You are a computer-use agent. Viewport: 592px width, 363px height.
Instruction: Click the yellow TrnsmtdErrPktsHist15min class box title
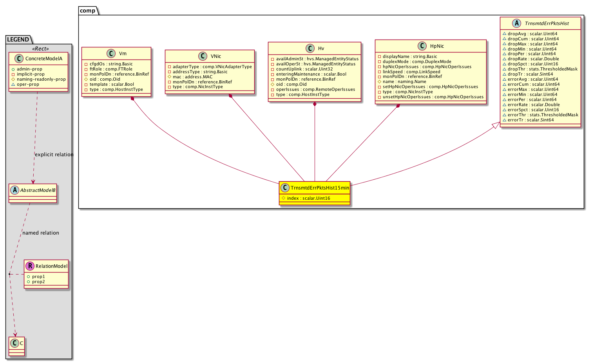320,188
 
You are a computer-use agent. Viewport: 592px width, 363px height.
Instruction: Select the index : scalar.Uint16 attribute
308,198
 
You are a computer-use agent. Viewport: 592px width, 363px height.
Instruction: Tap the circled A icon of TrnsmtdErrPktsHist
516,23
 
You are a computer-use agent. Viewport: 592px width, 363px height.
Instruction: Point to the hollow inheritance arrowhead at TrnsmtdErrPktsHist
496,125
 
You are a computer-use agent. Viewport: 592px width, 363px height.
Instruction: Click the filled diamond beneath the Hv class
315,104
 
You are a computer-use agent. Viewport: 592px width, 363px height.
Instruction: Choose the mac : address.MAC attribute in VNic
192,77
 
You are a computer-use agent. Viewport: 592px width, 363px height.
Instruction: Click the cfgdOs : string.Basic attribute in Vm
111,64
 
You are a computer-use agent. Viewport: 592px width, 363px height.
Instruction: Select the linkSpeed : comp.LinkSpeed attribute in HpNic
411,72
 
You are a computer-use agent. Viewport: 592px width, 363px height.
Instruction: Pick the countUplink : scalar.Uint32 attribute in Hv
304,69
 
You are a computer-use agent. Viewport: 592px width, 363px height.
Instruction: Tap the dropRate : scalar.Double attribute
533,59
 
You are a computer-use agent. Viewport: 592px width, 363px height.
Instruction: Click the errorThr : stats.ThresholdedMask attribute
543,115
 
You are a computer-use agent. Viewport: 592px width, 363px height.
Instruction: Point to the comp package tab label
87,11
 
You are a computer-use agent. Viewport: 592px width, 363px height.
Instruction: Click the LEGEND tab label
18,40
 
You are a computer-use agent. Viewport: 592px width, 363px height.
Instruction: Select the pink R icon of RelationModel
30,266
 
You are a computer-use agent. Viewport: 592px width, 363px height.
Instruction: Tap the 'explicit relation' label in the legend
54,155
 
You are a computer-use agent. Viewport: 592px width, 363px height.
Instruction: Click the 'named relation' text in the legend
41,233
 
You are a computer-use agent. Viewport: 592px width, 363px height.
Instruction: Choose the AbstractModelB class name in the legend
38,190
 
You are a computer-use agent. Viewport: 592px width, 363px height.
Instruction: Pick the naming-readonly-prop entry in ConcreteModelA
41,79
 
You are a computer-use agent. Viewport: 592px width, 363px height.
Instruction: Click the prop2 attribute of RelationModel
38,282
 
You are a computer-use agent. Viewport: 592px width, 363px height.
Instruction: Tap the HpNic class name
437,46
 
